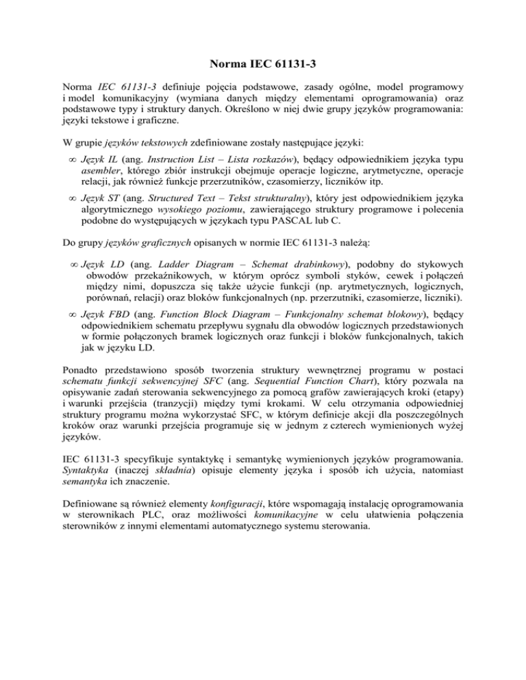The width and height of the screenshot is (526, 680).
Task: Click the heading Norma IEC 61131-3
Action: pos(263,68)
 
